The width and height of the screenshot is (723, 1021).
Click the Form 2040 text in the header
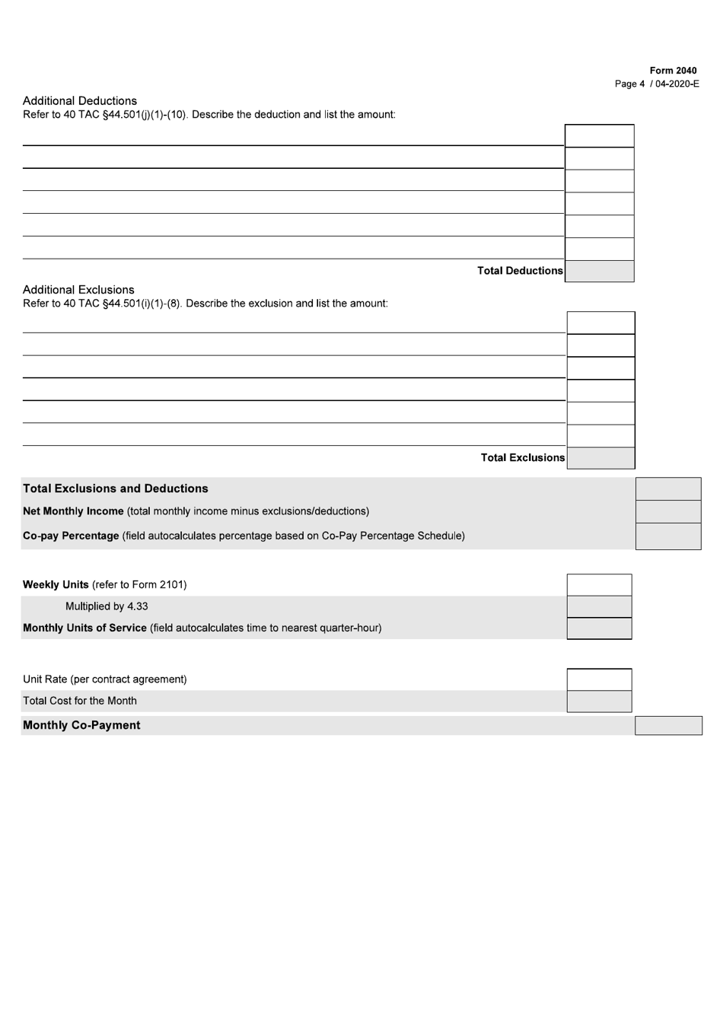click(673, 71)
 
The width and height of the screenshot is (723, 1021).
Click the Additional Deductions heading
click(80, 100)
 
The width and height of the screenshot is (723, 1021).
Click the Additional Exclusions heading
click(78, 289)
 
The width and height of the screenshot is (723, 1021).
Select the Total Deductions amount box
click(599, 271)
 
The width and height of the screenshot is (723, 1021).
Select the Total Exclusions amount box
click(600, 458)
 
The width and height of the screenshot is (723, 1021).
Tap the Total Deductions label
click(520, 271)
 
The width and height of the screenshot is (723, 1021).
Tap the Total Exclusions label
click(523, 457)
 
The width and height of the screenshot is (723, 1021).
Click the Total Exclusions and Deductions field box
click(667, 488)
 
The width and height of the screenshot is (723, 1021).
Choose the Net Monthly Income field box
click(667, 511)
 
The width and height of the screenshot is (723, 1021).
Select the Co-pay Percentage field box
click(667, 536)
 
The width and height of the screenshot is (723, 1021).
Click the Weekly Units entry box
click(599, 585)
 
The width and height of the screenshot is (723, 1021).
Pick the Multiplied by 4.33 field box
click(599, 606)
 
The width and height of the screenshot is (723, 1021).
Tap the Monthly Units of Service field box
click(599, 628)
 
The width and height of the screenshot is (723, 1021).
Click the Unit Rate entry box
click(599, 679)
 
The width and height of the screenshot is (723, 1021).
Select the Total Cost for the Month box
click(599, 701)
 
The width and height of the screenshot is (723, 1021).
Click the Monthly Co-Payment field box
click(668, 725)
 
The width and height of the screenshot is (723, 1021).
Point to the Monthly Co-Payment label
click(81, 725)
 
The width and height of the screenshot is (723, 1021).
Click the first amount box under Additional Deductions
click(599, 135)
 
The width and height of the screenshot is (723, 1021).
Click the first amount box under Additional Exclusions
click(600, 323)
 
